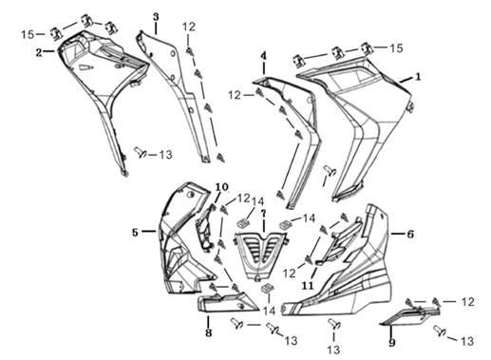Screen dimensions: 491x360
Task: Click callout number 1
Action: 418,77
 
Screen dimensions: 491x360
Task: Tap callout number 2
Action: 39,53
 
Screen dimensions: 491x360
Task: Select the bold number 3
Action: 156,17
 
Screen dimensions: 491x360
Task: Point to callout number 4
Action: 264,56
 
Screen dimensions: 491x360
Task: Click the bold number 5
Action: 135,233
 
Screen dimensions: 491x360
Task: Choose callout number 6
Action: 410,235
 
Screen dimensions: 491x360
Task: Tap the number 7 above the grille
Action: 263,213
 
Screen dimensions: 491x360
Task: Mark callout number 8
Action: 208,332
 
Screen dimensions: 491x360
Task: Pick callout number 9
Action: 392,342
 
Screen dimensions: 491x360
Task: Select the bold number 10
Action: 222,187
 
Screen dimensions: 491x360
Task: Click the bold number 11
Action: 308,286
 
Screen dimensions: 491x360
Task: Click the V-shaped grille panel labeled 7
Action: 261,256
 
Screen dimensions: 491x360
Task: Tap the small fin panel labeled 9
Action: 410,315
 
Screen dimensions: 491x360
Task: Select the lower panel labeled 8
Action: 227,302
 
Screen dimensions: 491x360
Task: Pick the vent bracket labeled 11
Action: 339,241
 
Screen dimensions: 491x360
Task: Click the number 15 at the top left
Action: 28,34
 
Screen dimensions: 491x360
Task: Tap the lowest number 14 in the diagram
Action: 269,311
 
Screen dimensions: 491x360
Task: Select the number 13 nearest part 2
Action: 165,155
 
